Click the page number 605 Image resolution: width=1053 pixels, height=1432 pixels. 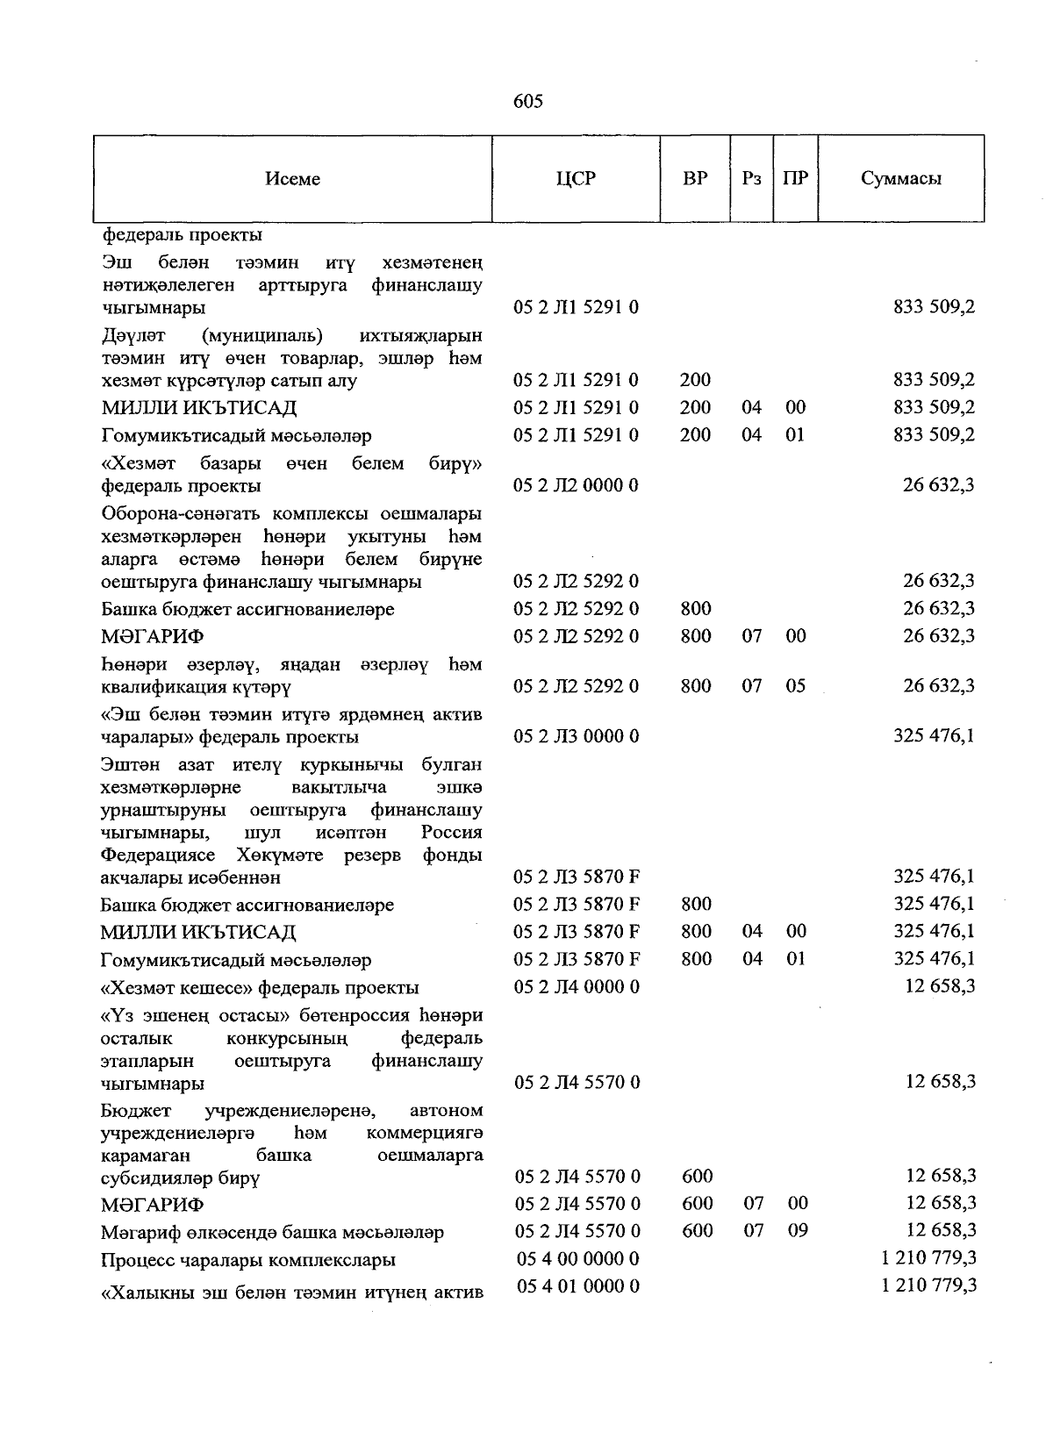click(527, 101)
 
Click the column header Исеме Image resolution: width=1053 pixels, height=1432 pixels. click(292, 179)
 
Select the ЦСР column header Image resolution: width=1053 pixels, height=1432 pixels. click(576, 179)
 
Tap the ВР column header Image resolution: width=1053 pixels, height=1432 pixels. click(695, 179)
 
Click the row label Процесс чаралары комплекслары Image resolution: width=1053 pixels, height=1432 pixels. click(247, 1260)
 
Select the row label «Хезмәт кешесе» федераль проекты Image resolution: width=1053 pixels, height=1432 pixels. click(260, 988)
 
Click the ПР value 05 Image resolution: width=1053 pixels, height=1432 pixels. click(795, 686)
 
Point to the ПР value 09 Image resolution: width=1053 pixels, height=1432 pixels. click(797, 1231)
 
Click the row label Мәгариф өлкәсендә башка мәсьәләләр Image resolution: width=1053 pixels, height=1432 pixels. click(272, 1233)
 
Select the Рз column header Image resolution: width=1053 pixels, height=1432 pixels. click(751, 179)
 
